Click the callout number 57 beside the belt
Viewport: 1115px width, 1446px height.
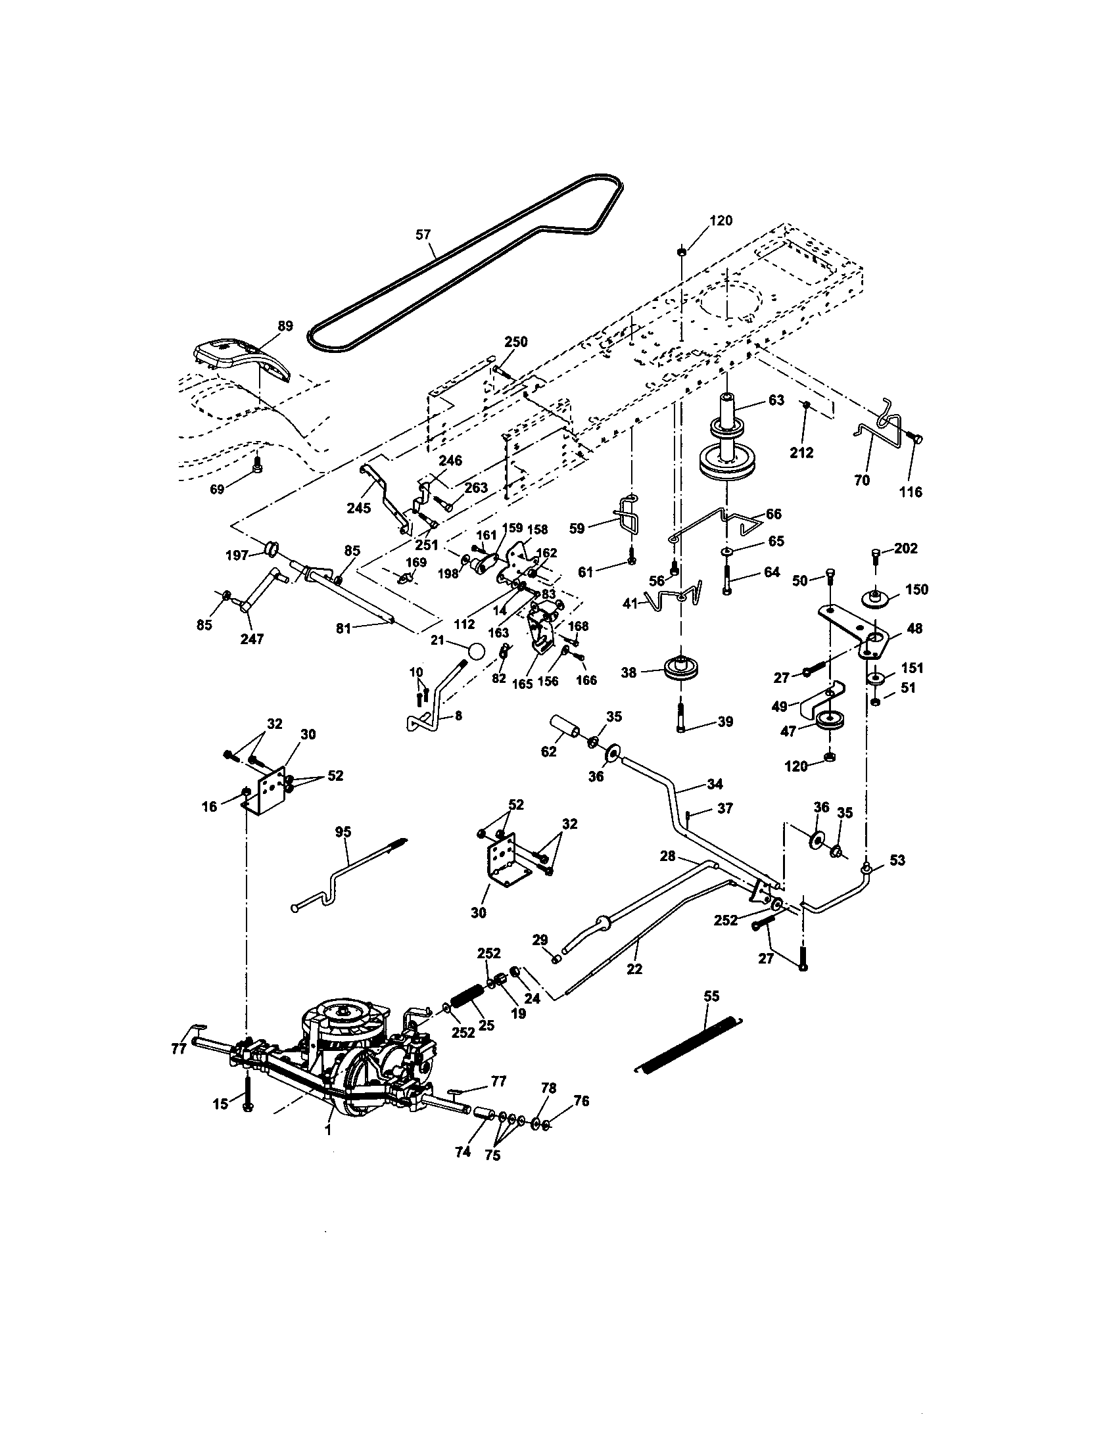(423, 235)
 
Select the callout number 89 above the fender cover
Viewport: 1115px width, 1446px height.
(285, 326)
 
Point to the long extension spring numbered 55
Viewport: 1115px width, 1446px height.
(688, 1044)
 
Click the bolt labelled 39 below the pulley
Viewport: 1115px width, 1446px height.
(682, 720)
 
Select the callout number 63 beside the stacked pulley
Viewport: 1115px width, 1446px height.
(776, 400)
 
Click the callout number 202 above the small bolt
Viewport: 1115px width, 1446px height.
(905, 548)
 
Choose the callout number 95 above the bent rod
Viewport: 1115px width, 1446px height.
(343, 832)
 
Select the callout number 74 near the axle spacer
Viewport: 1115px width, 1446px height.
(463, 1152)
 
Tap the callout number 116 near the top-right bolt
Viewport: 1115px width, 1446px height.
(911, 492)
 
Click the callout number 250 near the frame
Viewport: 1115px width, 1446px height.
(516, 342)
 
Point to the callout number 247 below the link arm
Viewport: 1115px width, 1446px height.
(252, 639)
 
